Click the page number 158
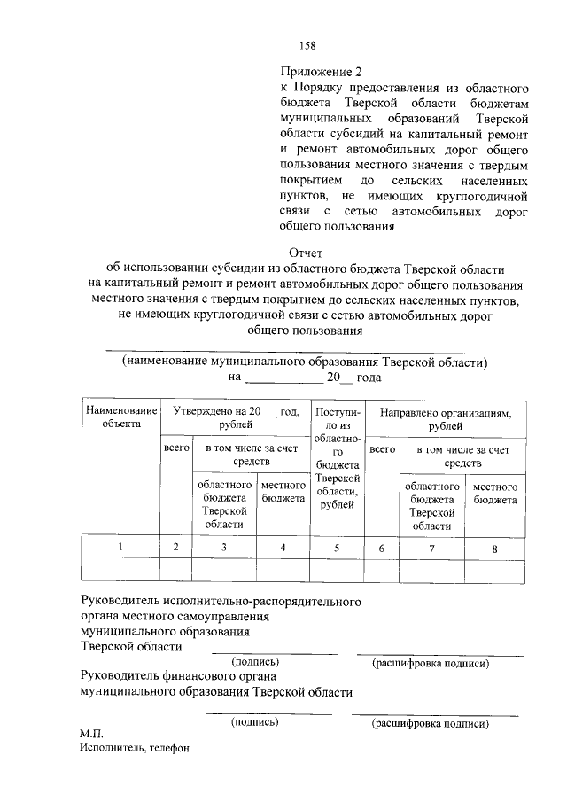pyautogui.click(x=307, y=46)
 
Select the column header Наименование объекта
pyautogui.click(x=120, y=417)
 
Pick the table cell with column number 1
pyautogui.click(x=120, y=548)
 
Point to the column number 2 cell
pyautogui.click(x=176, y=548)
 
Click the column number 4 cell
pyautogui.click(x=282, y=548)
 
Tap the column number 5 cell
pyautogui.click(x=337, y=548)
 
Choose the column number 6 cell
pyautogui.click(x=382, y=549)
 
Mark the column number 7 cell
pyautogui.click(x=431, y=549)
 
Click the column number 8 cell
pyautogui.click(x=494, y=549)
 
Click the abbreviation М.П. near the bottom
pyautogui.click(x=91, y=734)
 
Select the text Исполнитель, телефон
pyautogui.click(x=134, y=749)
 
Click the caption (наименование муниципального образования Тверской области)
pyautogui.click(x=305, y=362)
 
